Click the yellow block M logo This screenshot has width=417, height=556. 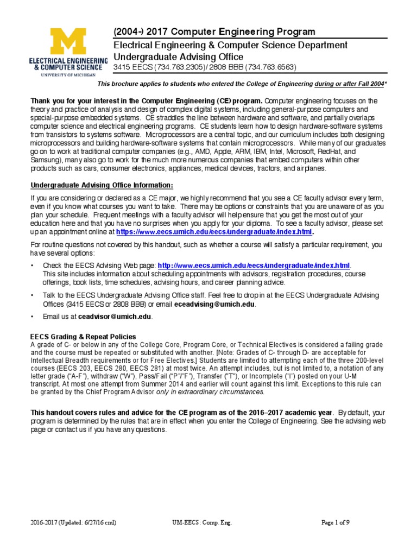(68, 42)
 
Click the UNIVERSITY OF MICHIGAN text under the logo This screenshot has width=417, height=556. (68, 75)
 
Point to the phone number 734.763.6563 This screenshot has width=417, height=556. (270, 67)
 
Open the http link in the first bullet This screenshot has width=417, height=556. (254, 266)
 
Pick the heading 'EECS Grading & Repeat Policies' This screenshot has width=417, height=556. (83, 337)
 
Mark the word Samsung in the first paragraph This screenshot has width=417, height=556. (46, 161)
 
